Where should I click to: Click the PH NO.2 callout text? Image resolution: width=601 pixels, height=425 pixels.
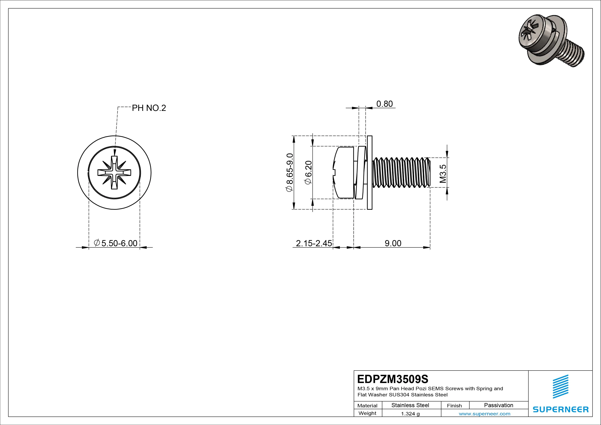(149, 108)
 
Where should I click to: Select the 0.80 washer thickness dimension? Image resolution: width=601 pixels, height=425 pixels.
(384, 104)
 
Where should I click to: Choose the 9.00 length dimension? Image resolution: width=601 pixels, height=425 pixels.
(393, 243)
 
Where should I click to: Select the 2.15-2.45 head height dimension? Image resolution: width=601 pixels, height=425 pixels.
(314, 243)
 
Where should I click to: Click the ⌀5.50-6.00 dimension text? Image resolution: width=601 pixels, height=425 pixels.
(116, 243)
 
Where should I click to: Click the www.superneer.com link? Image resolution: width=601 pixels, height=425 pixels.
(484, 414)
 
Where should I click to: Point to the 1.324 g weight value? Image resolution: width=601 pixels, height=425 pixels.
(410, 414)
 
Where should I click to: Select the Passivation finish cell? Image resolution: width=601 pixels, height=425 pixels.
(498, 405)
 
